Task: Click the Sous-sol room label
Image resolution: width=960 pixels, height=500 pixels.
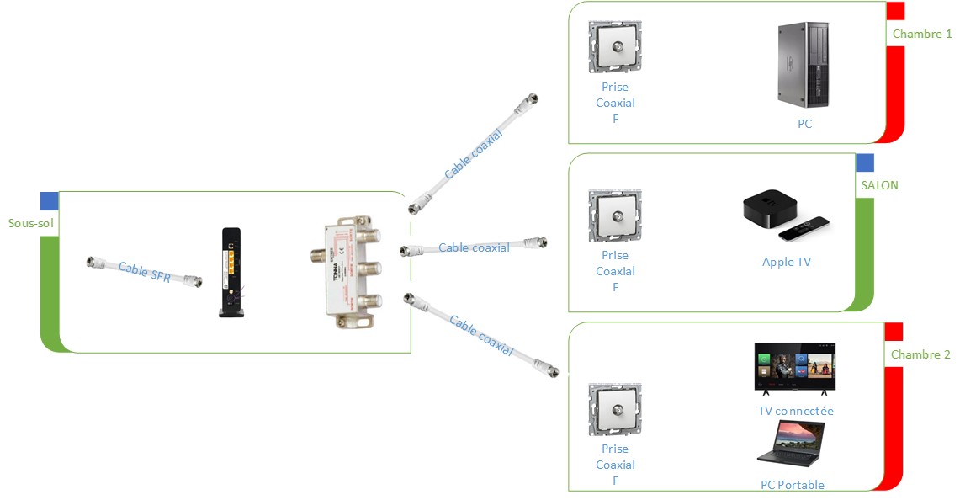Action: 31,223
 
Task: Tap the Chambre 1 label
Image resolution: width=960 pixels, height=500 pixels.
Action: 922,35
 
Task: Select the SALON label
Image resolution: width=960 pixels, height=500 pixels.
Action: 879,185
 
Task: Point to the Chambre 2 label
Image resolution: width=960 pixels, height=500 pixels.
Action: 920,354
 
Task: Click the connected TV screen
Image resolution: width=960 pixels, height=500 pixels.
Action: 794,367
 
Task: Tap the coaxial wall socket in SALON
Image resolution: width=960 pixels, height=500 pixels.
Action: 615,215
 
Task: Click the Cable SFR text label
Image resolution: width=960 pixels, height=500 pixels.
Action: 144,273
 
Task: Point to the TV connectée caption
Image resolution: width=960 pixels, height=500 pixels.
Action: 795,411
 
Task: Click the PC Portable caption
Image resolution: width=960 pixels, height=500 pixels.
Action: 792,485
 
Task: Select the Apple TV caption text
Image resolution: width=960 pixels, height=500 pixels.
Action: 786,262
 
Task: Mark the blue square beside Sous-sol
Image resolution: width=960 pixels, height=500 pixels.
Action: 50,200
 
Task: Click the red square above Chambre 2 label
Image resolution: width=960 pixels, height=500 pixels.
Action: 894,331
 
